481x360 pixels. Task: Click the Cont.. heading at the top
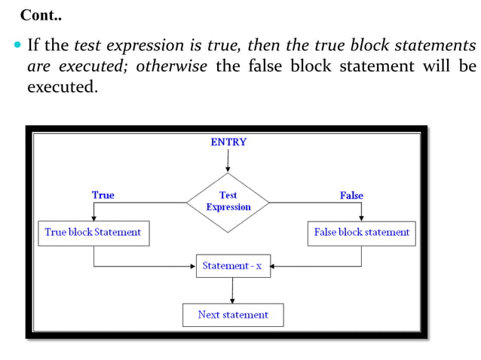[x=41, y=15]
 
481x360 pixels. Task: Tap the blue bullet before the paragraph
[x=17, y=46]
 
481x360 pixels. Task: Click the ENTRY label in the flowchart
[x=228, y=142]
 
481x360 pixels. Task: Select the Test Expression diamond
[x=228, y=201]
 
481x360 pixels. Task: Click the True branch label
[x=103, y=195]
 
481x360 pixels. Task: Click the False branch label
[x=351, y=196]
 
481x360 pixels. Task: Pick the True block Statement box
[x=93, y=233]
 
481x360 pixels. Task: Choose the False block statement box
[x=362, y=233]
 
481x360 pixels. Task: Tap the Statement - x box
[x=233, y=266]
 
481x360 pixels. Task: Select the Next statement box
[x=233, y=315]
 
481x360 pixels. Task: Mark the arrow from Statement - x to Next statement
[x=232, y=291]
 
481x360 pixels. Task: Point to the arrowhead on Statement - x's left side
[x=193, y=266]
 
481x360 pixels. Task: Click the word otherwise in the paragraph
[x=172, y=66]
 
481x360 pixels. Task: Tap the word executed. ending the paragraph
[x=63, y=87]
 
